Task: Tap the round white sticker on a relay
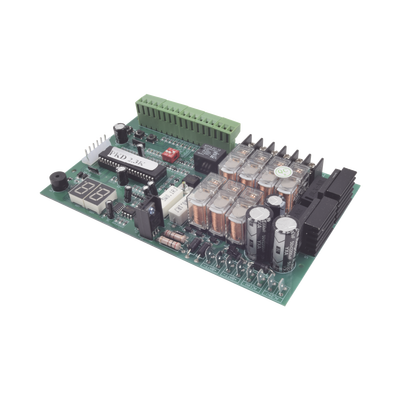pos(286,185)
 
